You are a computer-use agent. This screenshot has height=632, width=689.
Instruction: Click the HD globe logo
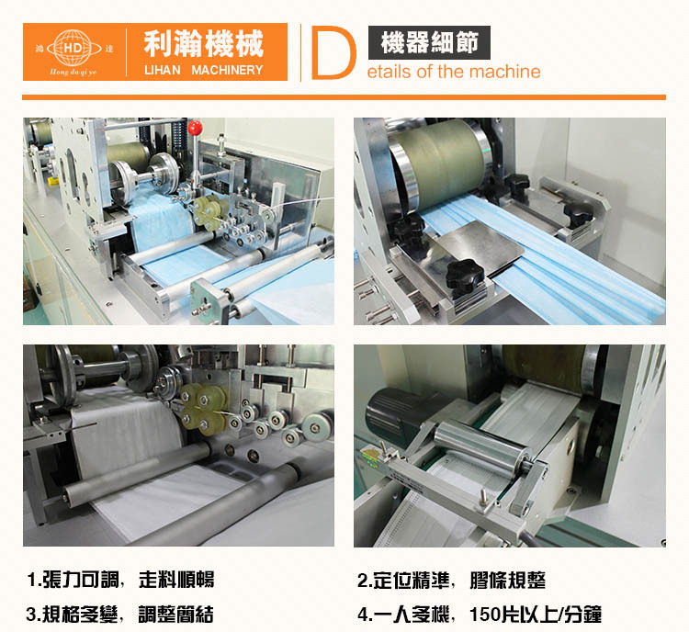pos(73,48)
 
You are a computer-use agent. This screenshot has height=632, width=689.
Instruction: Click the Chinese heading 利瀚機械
pos(203,43)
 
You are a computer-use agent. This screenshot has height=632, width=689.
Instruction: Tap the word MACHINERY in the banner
pos(227,70)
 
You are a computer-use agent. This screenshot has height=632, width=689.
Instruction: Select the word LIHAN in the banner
pos(162,70)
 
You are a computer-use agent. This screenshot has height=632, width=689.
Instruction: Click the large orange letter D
pos(333,52)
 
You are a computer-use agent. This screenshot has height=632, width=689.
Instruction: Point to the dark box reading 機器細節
pos(429,42)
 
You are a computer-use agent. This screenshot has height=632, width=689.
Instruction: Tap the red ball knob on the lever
pos(195,128)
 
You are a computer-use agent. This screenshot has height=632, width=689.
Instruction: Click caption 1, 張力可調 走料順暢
pos(120,580)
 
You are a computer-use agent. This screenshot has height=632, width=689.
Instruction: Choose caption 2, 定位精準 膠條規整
pos(451,581)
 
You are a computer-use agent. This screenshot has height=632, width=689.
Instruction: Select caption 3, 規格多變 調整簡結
pos(120,614)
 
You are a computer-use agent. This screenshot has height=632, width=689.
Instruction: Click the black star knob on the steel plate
pos(465,275)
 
